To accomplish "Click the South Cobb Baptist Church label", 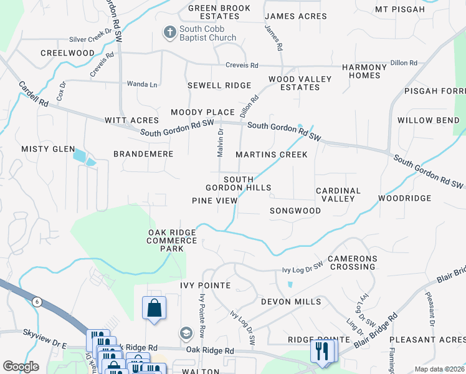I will pos(208,34).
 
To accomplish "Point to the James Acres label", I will pos(287,16).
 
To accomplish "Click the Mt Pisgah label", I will pos(409,9).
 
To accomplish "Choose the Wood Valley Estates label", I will pos(293,83).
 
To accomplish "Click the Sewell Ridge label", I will pos(219,85).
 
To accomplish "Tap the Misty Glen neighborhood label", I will pos(44,149).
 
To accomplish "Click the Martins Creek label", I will pos(272,155).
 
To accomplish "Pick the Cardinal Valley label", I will pos(338,194).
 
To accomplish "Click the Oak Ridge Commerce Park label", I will pos(172,241).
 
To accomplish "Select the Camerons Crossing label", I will pos(352,262).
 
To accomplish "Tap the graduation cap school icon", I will pos(185,334).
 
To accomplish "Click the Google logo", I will pos(21,367).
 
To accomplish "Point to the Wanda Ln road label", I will pos(142,84).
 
